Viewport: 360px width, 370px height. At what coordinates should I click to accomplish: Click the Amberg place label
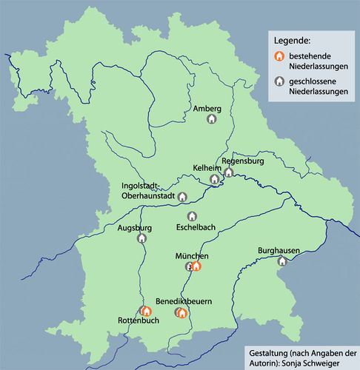[207, 109]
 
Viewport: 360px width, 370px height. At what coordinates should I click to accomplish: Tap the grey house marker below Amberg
[211, 119]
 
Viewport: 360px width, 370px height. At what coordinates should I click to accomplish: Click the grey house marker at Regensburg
[230, 172]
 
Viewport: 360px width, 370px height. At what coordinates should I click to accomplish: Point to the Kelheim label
[207, 169]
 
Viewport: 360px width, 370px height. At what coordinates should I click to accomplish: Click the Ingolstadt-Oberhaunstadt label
[148, 191]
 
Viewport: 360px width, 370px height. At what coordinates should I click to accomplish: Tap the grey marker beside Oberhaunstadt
[182, 197]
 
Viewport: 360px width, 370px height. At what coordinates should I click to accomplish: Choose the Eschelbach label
[196, 227]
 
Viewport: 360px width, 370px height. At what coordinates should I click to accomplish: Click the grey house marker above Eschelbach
[193, 216]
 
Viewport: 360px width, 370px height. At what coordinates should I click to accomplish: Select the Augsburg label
[134, 228]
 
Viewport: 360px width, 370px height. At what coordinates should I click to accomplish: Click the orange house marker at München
[196, 266]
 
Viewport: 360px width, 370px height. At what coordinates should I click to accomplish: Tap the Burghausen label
[279, 251]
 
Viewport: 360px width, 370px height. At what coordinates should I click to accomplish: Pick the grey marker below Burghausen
[281, 261]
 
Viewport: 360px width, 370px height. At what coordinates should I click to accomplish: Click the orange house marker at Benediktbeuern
[183, 313]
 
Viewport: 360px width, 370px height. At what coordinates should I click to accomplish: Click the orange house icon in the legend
[279, 57]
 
